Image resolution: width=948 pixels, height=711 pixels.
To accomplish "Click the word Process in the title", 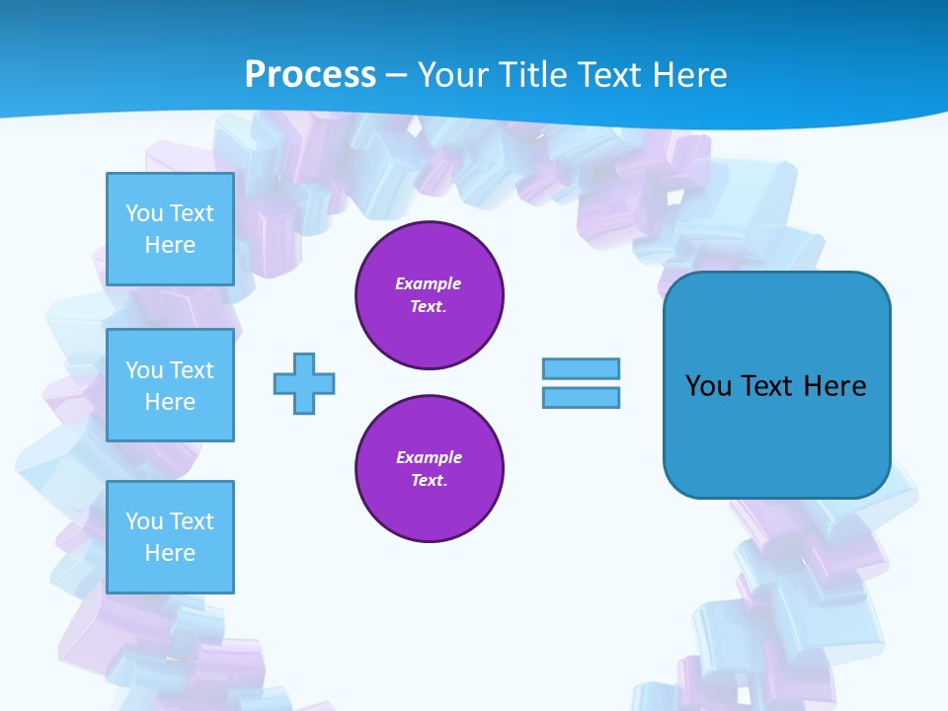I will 310,74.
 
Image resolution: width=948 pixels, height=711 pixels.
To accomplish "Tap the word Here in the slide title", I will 688,74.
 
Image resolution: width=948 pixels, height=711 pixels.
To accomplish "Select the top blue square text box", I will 170,229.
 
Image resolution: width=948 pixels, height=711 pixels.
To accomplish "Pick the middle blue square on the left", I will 170,385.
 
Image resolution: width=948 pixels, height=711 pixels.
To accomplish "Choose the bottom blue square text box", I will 170,537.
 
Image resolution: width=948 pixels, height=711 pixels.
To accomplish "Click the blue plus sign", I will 304,383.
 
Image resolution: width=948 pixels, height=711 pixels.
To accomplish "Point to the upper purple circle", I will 429,295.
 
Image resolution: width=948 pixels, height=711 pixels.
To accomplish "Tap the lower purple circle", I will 429,469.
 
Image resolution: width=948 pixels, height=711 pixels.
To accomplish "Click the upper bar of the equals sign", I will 581,368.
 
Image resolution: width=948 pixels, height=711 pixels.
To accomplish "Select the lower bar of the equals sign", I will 581,397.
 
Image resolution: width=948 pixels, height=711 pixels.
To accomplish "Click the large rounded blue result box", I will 776,384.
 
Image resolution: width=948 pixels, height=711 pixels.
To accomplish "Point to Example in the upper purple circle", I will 429,283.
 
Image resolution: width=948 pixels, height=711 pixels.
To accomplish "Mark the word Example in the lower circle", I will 429,457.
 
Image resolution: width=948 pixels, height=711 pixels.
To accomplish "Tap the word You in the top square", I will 143,213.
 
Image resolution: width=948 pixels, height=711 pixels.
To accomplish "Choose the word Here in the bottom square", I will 170,553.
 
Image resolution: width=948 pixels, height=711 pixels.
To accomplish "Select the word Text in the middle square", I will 191,370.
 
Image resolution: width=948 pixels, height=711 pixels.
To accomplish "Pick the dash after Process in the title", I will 397,75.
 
